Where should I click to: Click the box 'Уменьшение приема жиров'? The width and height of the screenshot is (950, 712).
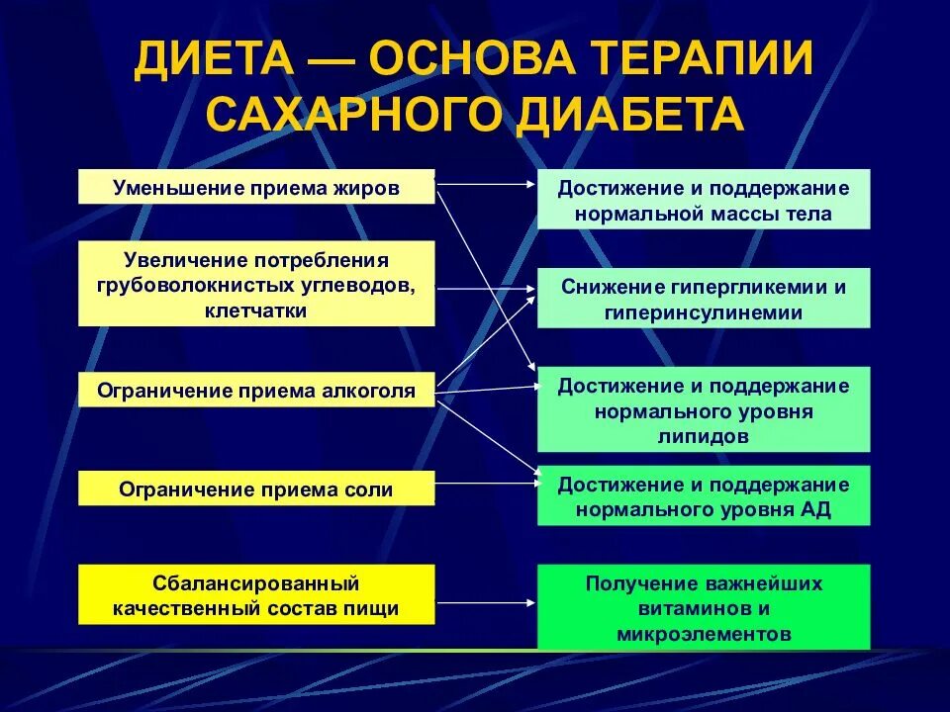pos(256,187)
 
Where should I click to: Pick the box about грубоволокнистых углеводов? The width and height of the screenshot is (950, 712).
pos(256,285)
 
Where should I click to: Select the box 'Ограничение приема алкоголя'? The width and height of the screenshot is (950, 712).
pos(256,390)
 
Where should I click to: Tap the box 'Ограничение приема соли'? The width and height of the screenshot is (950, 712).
pos(256,489)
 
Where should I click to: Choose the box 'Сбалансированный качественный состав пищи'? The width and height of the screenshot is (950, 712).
pos(256,594)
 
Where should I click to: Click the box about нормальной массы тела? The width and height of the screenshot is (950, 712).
pos(704,200)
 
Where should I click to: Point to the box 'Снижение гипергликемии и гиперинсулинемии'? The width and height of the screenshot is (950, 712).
pos(704,299)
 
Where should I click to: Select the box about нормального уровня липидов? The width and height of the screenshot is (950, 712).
pos(704,409)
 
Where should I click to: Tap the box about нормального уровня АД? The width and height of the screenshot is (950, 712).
pos(704,496)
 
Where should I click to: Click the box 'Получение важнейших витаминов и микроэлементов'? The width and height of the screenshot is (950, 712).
pos(704,608)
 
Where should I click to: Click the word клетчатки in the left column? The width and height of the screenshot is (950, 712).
pos(256,311)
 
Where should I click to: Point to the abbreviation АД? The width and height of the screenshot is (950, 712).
pos(816,510)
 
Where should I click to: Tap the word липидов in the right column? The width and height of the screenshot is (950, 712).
pos(704,435)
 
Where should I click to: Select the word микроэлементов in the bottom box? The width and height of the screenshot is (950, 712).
pos(704,634)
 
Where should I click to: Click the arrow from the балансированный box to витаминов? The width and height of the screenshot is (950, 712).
pos(485,600)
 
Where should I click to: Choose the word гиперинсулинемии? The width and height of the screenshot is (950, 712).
pos(704,312)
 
